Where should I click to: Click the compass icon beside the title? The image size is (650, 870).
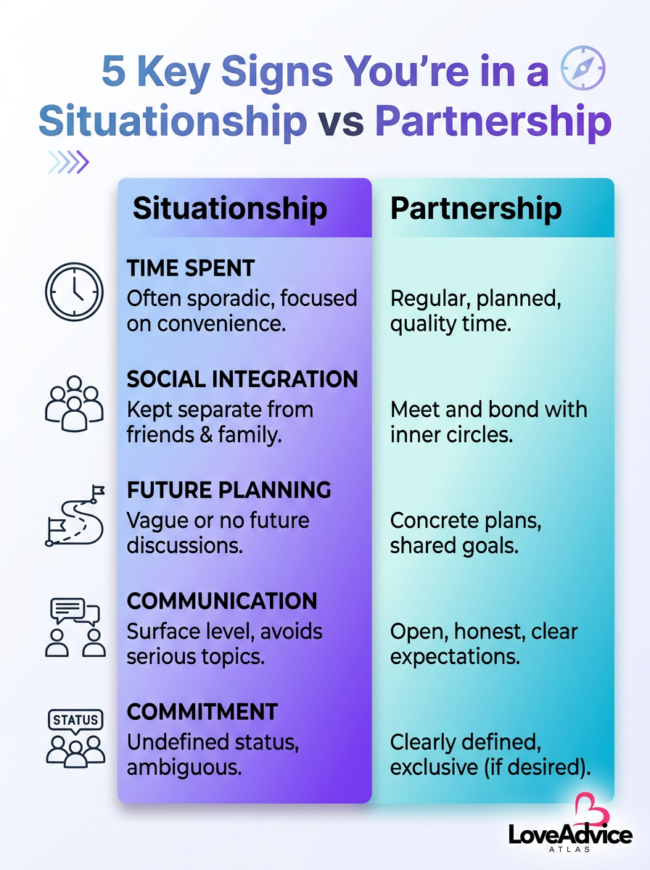coord(583,67)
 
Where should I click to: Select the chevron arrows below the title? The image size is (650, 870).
coord(68,162)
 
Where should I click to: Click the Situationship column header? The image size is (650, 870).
coord(230,207)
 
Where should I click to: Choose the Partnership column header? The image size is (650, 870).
coord(476,207)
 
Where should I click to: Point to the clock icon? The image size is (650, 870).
coord(74,291)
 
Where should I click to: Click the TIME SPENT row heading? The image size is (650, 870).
coord(191,268)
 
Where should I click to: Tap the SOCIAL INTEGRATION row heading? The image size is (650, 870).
coord(242,379)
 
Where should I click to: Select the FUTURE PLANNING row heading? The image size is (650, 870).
coord(229,490)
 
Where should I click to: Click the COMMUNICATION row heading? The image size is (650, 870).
coord(222,601)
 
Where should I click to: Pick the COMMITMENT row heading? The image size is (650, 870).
coord(202,711)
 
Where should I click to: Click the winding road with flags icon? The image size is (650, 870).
coord(75,515)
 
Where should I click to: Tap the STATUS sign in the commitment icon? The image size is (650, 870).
coord(75,720)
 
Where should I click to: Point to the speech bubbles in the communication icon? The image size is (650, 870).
coord(75,612)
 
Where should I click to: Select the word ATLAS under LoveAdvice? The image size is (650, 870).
coord(569,848)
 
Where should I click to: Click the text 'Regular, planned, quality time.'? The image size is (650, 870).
coord(475,311)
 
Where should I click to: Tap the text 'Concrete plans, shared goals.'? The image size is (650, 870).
coord(466,533)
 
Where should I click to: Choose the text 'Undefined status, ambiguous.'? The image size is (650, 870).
coord(213,755)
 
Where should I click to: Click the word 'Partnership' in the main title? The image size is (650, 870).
coord(493,122)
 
